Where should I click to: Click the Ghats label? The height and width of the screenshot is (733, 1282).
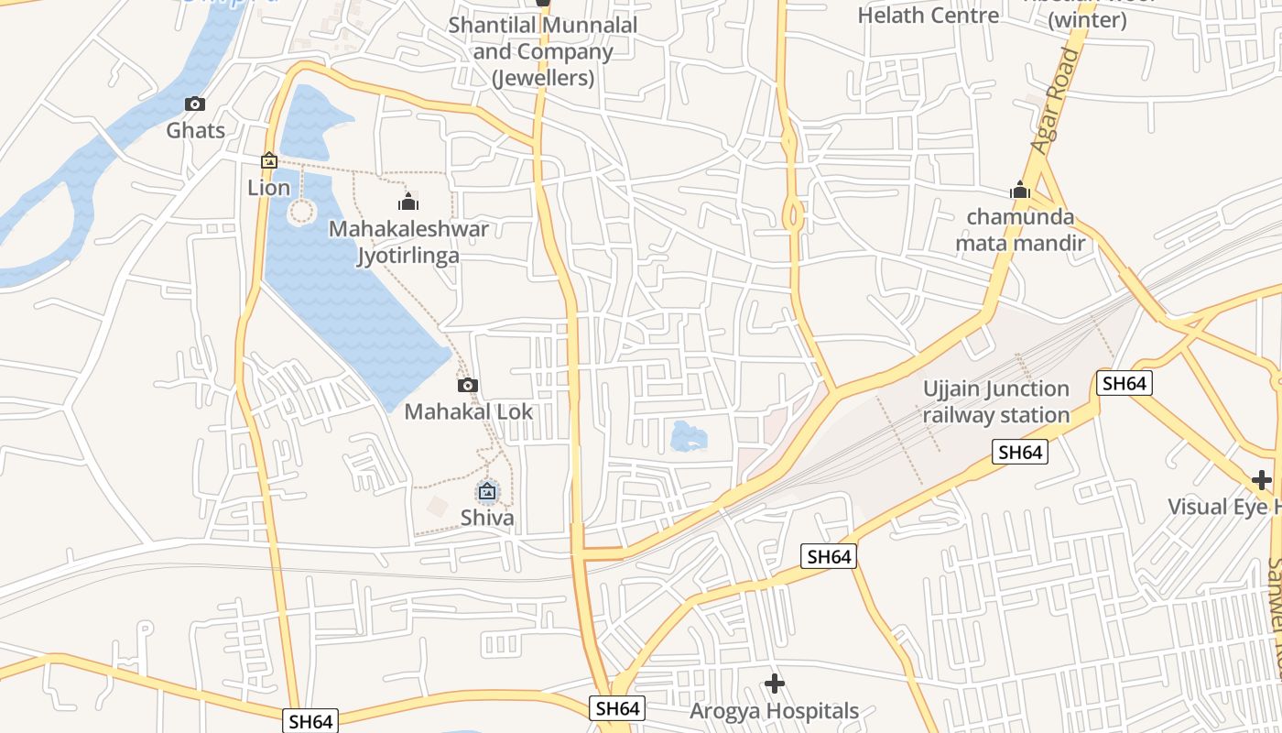(195, 130)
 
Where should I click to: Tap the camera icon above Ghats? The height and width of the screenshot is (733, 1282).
(195, 104)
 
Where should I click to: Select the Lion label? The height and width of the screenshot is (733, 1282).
(269, 188)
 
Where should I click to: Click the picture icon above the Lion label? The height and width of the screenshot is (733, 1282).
(269, 161)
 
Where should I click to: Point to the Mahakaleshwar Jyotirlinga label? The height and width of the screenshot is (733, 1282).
(408, 242)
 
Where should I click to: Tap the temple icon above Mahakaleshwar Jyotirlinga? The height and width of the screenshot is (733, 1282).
(408, 202)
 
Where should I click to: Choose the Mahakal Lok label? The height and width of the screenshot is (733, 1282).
(468, 411)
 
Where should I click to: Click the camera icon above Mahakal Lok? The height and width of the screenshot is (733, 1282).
(468, 386)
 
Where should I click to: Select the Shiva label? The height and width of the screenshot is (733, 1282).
(487, 518)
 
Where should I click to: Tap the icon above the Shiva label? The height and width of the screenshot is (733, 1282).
(487, 492)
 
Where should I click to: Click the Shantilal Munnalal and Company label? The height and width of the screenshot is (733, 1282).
(543, 51)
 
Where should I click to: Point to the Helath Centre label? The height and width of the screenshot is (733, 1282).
(928, 16)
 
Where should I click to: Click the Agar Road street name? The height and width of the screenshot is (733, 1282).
(1057, 101)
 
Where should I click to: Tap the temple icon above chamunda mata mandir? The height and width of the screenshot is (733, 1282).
(1020, 191)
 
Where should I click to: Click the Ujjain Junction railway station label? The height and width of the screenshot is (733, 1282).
(995, 402)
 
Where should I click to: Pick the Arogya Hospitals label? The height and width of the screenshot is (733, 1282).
(774, 711)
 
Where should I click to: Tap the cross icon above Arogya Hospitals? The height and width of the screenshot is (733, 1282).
(775, 684)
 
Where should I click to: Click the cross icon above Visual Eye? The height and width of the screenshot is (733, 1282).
(1262, 480)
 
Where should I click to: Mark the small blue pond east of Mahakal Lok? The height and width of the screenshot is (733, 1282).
(689, 436)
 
